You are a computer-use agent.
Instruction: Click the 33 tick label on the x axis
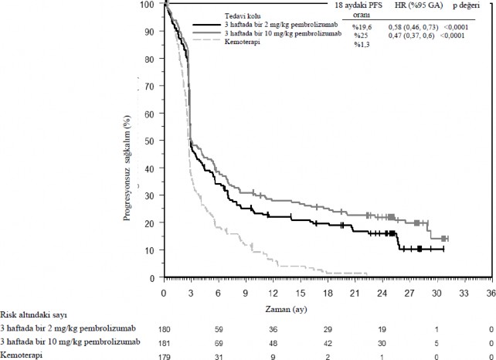coord(464,294)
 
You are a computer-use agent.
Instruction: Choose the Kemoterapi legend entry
coord(241,42)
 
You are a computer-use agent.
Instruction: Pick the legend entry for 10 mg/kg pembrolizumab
coord(276,34)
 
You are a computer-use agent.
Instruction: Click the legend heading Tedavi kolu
coord(243,15)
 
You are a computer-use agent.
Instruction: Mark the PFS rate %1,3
coord(362,44)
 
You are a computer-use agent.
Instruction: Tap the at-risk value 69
coord(219,343)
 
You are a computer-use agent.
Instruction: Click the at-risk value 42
coord(328,343)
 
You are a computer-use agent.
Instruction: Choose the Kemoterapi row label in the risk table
coord(22,355)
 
